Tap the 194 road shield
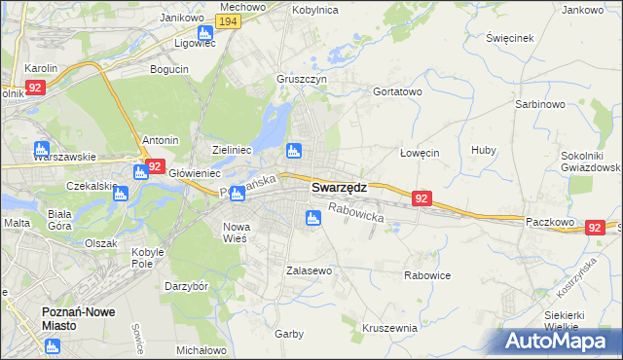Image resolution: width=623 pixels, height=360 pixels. [228, 21]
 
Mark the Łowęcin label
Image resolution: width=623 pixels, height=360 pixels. [421, 153]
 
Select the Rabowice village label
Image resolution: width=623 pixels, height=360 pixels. [427, 275]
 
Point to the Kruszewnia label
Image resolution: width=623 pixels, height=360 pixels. [389, 328]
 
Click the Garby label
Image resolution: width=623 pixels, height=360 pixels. [288, 334]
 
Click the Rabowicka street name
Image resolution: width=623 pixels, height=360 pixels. [355, 212]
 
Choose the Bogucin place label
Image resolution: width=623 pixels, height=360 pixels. [169, 69]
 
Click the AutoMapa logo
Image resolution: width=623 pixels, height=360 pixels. [557, 342]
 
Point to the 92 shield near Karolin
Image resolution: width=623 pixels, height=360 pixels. [36, 88]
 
